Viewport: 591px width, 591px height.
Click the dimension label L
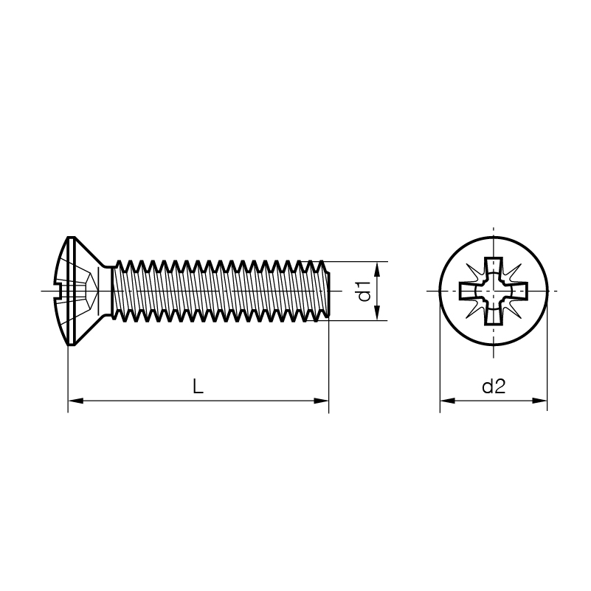tap(198, 387)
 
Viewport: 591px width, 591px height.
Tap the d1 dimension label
tap(364, 291)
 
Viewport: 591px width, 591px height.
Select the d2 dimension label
tap(494, 387)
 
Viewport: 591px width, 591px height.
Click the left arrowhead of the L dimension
tap(75, 401)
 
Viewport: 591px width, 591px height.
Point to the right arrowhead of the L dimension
tap(321, 401)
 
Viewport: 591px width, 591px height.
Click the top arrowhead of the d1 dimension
tap(377, 269)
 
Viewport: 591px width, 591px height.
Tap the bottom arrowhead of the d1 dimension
tap(377, 313)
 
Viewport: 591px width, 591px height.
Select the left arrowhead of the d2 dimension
tap(448, 401)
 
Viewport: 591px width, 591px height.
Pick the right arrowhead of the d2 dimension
tap(539, 401)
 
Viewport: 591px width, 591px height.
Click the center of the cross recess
tap(494, 291)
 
